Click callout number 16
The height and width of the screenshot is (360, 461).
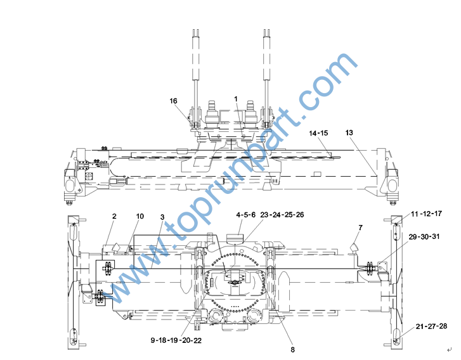tap(174, 101)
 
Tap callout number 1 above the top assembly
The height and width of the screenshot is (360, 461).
tap(236, 99)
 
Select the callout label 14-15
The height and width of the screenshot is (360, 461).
tap(318, 133)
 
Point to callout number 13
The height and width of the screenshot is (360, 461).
tap(349, 132)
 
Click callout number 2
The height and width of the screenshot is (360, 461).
tap(114, 216)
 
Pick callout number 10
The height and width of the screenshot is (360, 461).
tap(140, 216)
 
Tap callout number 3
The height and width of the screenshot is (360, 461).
tap(162, 217)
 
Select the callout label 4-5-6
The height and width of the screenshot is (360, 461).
tap(246, 215)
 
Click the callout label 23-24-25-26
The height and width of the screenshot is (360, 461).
tap(282, 215)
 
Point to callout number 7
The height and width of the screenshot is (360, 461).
tap(360, 228)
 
